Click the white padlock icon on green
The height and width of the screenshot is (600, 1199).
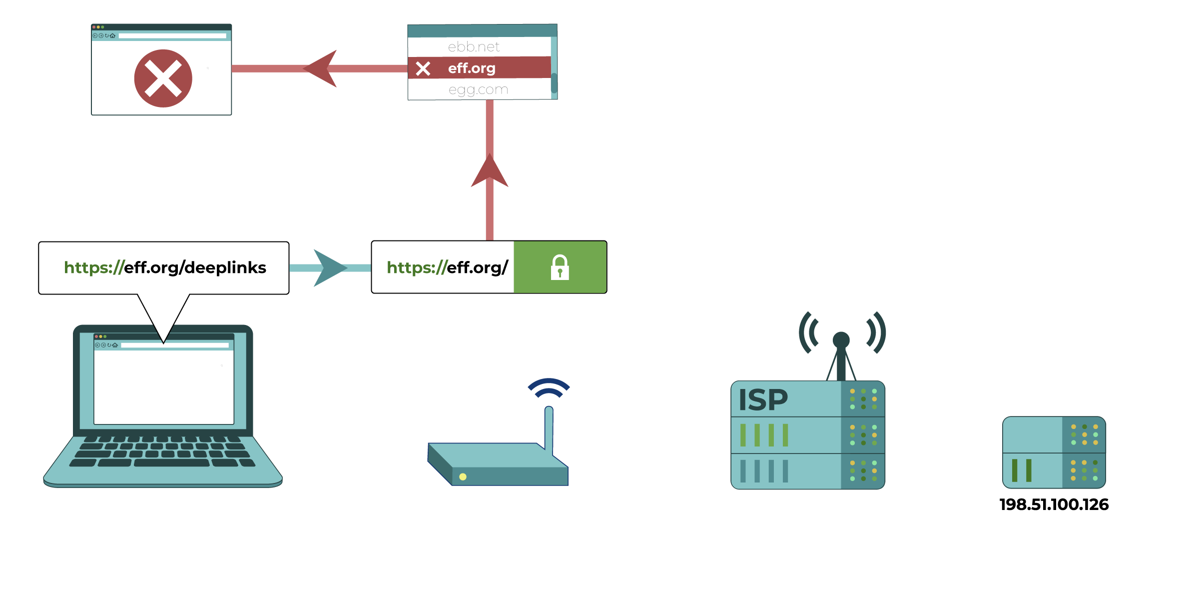tap(560, 267)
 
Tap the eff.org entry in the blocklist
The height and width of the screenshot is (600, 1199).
tap(472, 68)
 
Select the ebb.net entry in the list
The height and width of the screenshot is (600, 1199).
tap(474, 46)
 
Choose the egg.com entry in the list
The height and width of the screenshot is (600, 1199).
tap(478, 89)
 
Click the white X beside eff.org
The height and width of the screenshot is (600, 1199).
tap(423, 68)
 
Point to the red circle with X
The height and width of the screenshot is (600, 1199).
tap(163, 78)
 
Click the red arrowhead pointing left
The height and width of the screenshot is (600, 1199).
tap(322, 68)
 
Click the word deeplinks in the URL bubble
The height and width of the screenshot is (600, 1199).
tap(225, 267)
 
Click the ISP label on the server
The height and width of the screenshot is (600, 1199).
tap(763, 400)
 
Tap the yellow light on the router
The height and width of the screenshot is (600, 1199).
tap(463, 476)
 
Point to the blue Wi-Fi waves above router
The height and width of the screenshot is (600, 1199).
tap(549, 387)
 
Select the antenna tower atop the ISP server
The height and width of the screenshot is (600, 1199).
tap(841, 355)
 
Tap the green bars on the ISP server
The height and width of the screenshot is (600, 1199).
tap(764, 435)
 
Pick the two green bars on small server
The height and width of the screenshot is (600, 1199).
tap(1021, 470)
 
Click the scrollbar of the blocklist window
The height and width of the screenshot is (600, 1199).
tap(554, 82)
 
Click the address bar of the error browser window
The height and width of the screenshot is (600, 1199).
tap(172, 36)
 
